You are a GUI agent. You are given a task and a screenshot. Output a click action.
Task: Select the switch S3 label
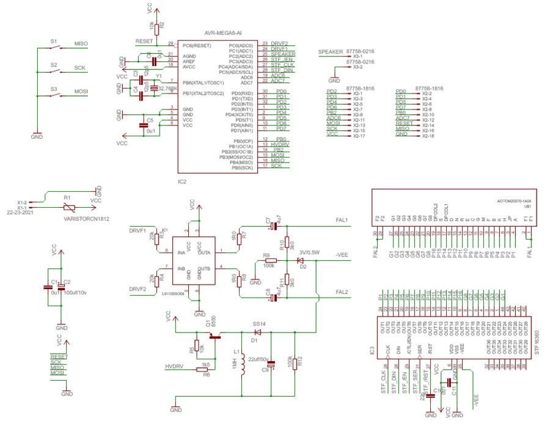coord(54,88)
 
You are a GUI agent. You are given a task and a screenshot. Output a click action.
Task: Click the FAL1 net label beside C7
coord(341,221)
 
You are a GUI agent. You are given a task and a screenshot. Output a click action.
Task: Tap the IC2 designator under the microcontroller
coord(182,182)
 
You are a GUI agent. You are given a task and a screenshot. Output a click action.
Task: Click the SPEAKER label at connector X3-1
coord(331,53)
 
